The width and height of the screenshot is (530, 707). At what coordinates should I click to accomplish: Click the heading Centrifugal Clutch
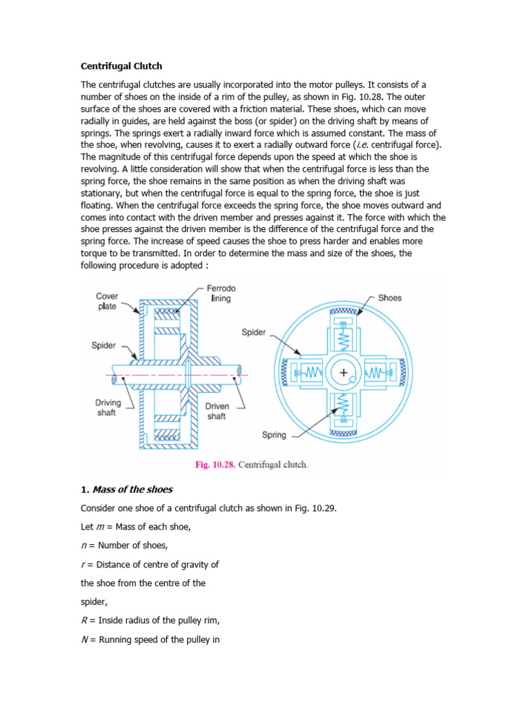(x=121, y=66)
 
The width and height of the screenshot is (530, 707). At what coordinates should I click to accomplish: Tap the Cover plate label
(x=107, y=301)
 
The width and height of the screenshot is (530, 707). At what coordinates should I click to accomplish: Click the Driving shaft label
(x=108, y=407)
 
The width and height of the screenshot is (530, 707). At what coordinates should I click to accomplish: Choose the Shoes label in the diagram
(x=390, y=298)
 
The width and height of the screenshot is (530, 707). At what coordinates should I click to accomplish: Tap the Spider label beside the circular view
(x=253, y=332)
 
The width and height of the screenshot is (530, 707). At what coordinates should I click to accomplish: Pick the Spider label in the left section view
(x=104, y=345)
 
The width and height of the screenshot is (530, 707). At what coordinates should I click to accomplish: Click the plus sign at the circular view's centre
(x=343, y=372)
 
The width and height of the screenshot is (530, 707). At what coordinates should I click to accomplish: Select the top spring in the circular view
(x=343, y=338)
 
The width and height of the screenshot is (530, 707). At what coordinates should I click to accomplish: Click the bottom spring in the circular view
(x=343, y=406)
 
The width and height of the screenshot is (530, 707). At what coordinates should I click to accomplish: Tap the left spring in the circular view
(x=310, y=373)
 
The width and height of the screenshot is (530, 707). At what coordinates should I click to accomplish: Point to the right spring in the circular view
(x=376, y=373)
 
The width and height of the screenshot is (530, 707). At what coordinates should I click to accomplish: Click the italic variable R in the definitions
(x=84, y=621)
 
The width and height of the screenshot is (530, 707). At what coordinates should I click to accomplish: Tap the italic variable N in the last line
(x=84, y=639)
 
